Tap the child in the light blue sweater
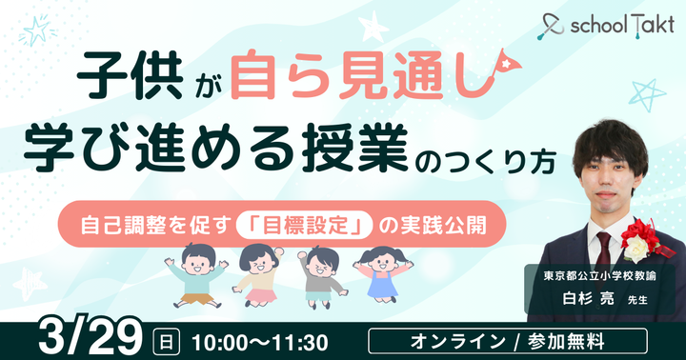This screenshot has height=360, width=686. point(196,273)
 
